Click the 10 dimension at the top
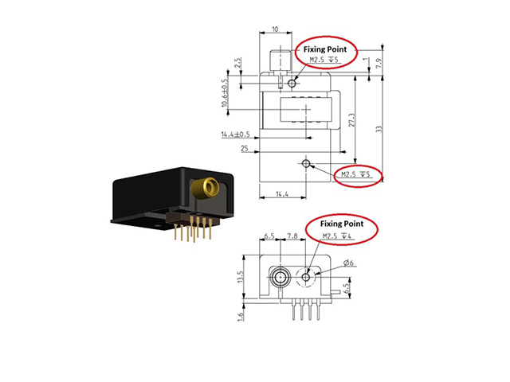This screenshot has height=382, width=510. [x=275, y=29]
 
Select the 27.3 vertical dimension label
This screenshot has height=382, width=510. [x=351, y=120]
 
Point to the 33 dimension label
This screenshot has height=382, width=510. [x=379, y=129]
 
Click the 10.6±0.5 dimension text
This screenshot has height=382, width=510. [x=224, y=93]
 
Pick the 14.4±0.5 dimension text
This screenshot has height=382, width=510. [x=236, y=134]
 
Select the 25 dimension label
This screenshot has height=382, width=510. [x=245, y=149]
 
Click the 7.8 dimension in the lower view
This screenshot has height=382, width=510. [x=292, y=236]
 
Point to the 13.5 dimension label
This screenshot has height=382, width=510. [x=241, y=277]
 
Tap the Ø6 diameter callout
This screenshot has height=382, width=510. [x=348, y=263]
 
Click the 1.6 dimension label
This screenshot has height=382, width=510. [x=241, y=317]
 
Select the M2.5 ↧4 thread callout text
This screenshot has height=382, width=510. [x=337, y=236]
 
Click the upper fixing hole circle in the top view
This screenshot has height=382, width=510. [x=292, y=84]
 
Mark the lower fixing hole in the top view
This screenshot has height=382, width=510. [x=306, y=163]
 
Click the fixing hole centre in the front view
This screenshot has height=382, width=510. [x=306, y=277]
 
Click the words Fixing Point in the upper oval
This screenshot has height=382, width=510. [x=325, y=49]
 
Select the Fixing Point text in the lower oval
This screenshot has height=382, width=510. [x=342, y=224]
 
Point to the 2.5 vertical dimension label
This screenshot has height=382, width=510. [x=238, y=62]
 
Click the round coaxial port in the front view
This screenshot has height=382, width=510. [x=280, y=278]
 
